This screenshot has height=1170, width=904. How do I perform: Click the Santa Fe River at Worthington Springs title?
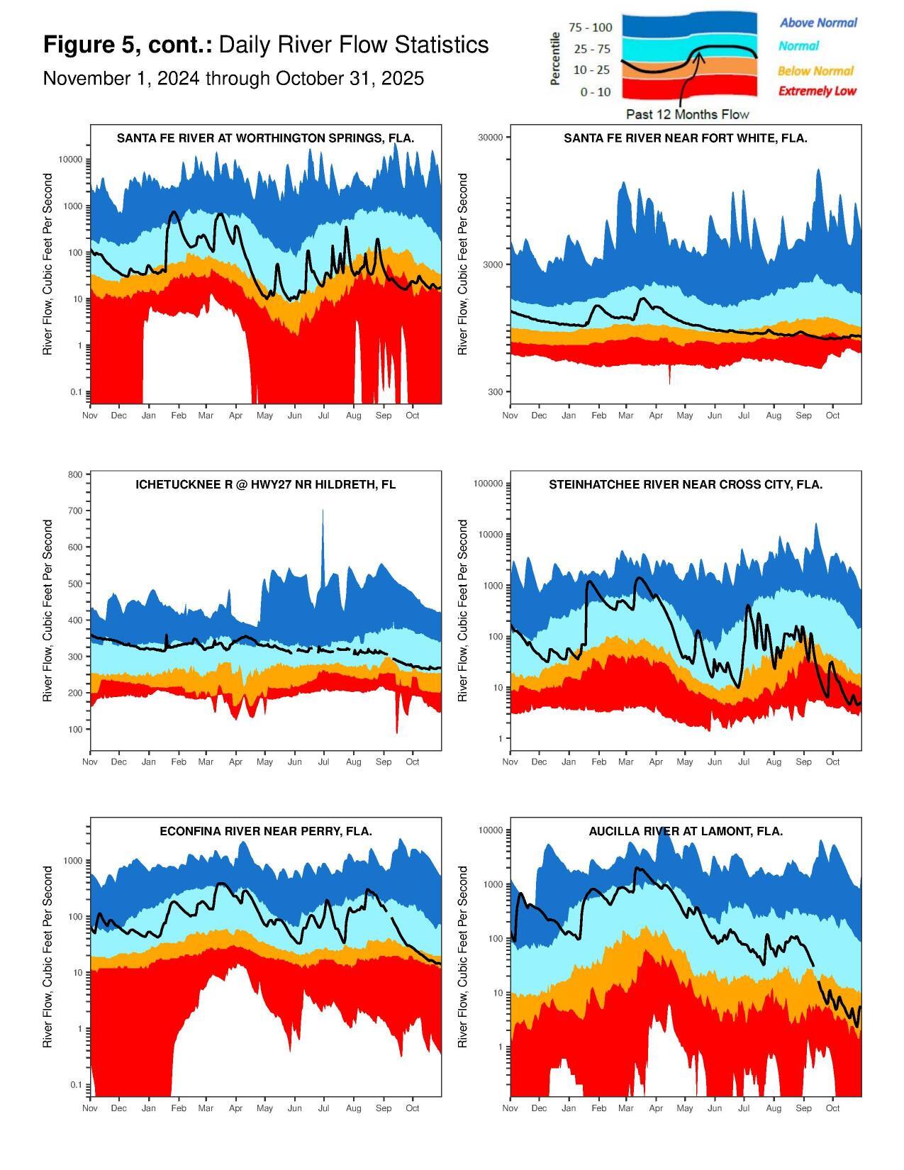pyautogui.click(x=265, y=138)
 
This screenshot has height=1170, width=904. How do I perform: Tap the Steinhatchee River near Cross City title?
pyautogui.click(x=685, y=485)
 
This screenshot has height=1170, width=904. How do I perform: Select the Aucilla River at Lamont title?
pyautogui.click(x=685, y=831)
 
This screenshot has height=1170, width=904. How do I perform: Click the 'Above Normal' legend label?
pyautogui.click(x=818, y=23)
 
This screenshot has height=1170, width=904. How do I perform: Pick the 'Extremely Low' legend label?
pyautogui.click(x=817, y=91)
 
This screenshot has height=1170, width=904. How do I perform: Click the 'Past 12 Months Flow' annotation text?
pyautogui.click(x=687, y=114)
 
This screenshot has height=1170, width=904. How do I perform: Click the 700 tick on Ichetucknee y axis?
pyautogui.click(x=75, y=511)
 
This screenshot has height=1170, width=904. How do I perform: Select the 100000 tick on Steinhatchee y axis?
pyautogui.click(x=488, y=484)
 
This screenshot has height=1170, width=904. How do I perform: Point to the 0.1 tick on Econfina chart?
pyautogui.click(x=75, y=1085)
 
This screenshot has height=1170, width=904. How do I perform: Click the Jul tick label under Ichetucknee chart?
pyautogui.click(x=324, y=762)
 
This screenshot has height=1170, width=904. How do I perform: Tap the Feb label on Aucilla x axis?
pyautogui.click(x=598, y=1108)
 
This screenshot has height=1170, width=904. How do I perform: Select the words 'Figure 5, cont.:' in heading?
pyautogui.click(x=128, y=45)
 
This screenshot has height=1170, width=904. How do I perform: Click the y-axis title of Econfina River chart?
pyautogui.click(x=48, y=957)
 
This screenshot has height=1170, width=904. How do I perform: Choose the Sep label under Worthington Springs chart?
pyautogui.click(x=383, y=416)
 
